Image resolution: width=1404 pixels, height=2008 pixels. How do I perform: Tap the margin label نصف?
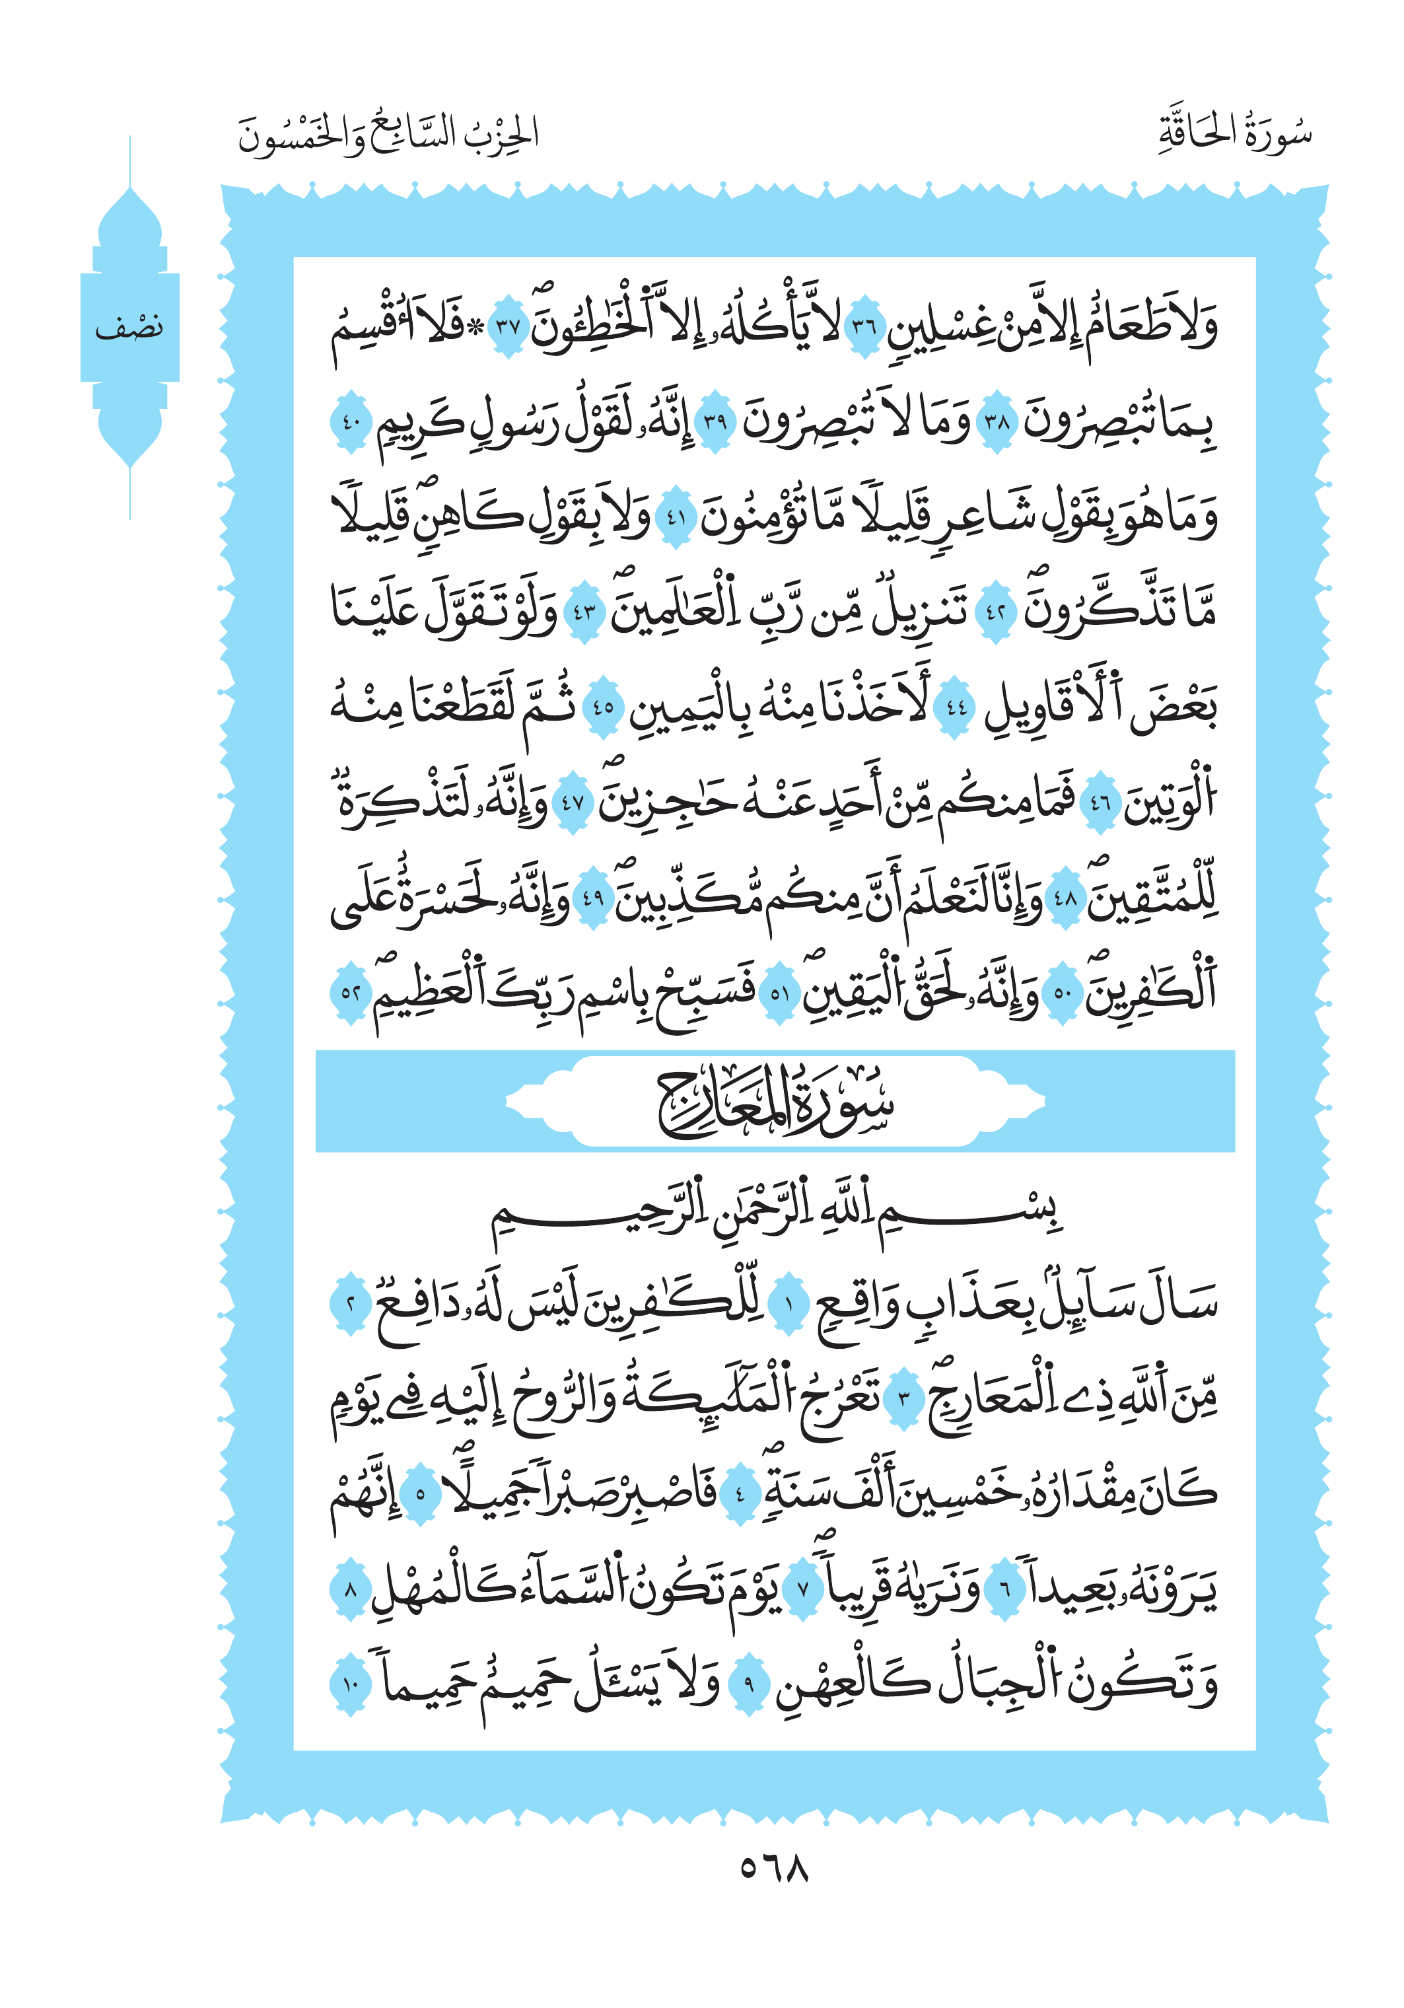point(129,328)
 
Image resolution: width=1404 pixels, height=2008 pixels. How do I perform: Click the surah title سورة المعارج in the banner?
point(775,1103)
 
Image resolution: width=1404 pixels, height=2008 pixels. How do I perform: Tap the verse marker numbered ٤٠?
point(350,423)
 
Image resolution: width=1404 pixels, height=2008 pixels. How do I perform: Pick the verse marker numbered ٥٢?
point(351,991)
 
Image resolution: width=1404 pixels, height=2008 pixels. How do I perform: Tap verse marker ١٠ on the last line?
point(351,1684)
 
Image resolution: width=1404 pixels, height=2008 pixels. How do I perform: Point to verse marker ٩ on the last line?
point(749,1684)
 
